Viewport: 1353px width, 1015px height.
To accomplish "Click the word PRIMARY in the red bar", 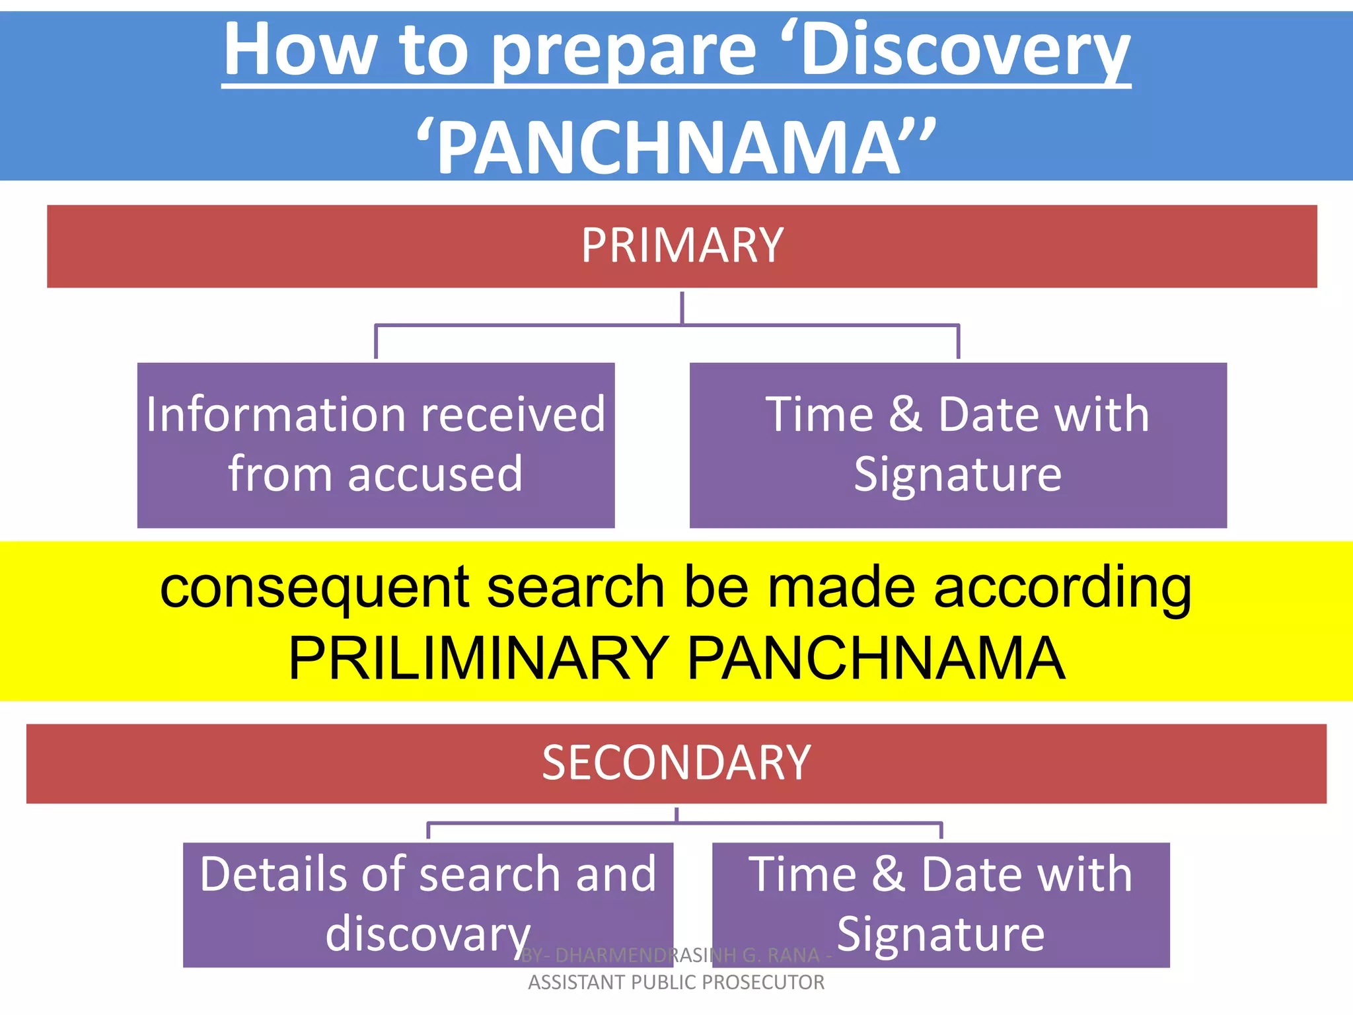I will point(682,246).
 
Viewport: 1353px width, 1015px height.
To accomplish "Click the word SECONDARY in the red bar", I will point(676,763).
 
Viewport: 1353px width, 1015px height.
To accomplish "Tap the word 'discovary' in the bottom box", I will point(428,934).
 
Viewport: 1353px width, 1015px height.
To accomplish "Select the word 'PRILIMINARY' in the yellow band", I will point(479,658).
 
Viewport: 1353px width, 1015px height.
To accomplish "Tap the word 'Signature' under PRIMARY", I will point(957,474).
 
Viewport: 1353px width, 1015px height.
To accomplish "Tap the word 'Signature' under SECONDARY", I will point(941,934).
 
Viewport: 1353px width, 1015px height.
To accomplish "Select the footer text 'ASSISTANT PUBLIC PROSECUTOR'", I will point(676,983).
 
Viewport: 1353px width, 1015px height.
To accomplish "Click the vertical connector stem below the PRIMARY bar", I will point(682,307).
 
